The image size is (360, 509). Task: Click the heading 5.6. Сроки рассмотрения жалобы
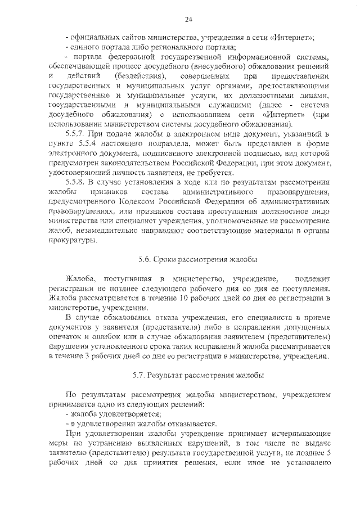coord(197,260)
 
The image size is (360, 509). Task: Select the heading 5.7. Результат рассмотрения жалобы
coord(197,375)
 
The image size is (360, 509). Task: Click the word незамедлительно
coord(105,232)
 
